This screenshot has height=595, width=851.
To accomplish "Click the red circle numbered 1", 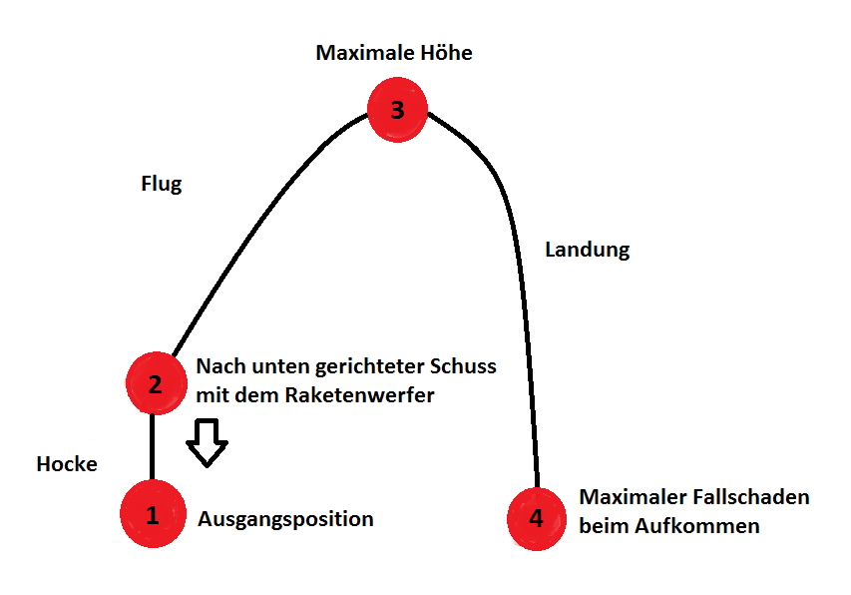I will point(153,515).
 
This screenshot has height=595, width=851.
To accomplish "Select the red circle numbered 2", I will point(156,383).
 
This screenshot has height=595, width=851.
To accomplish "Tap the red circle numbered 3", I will point(397,109).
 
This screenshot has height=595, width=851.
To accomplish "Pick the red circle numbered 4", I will point(537,519).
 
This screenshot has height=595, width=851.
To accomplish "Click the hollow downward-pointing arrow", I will point(208,443).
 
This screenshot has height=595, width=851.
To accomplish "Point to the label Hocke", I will point(67,464).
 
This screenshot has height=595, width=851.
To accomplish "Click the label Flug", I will point(162,185).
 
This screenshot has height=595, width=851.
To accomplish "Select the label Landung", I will point(587,250).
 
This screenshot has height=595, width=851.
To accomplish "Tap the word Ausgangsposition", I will point(285,519).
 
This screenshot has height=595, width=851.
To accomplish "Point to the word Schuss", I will point(465,366).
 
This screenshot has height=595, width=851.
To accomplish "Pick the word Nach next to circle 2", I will point(216,366).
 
